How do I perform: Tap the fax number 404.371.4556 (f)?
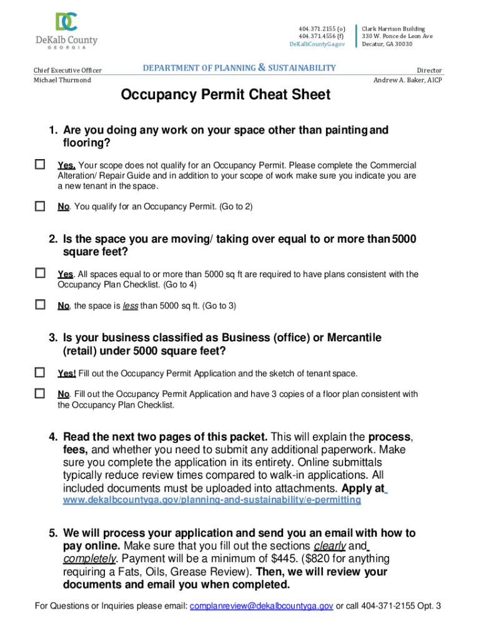tap(321, 36)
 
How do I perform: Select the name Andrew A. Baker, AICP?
tap(407, 80)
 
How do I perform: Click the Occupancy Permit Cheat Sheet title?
tap(226, 95)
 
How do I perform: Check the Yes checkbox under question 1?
tap(40, 165)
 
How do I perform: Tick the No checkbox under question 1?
tap(40, 205)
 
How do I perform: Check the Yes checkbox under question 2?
tap(40, 273)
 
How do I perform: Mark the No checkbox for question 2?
tap(40, 305)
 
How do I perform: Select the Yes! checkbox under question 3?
tap(40, 373)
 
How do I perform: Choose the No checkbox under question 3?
tap(40, 393)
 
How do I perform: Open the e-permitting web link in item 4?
tap(212, 500)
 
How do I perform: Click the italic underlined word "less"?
tap(131, 306)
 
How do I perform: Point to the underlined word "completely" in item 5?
tap(89, 559)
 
